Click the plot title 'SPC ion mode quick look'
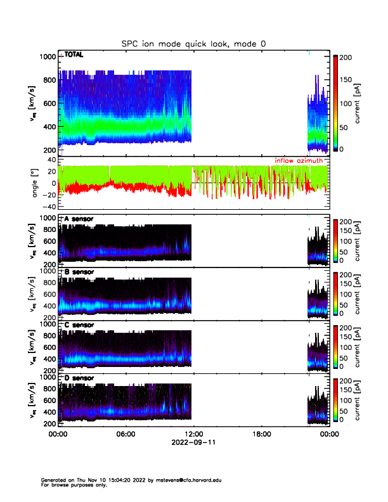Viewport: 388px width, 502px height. tap(194, 44)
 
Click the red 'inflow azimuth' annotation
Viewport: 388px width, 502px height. tap(299, 161)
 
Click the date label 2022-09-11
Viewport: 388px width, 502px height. tap(193, 443)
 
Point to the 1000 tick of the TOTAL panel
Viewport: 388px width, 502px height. tap(48, 56)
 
